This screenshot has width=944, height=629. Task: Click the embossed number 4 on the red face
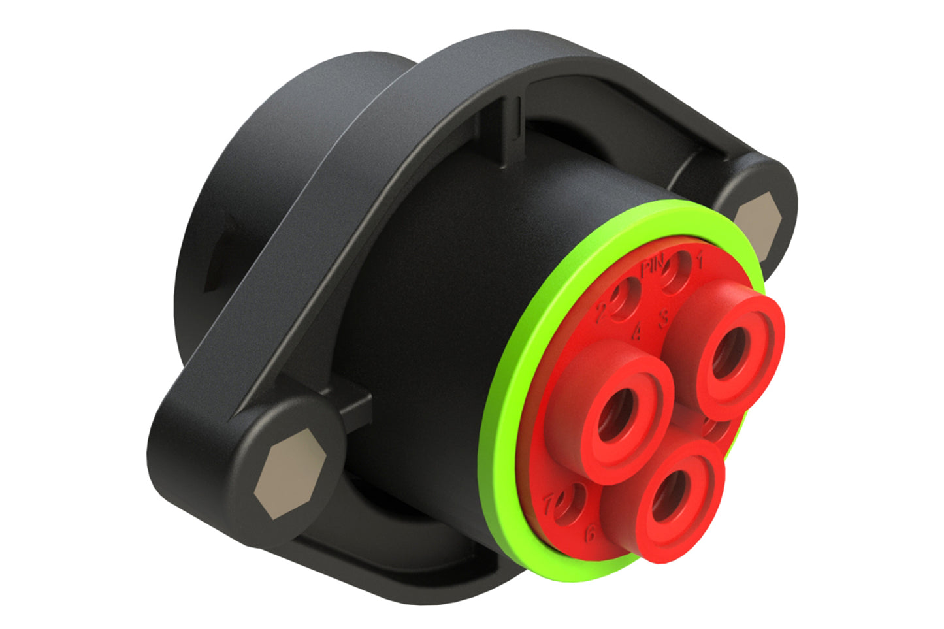(x=637, y=332)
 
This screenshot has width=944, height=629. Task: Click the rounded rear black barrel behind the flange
(x=261, y=163)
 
